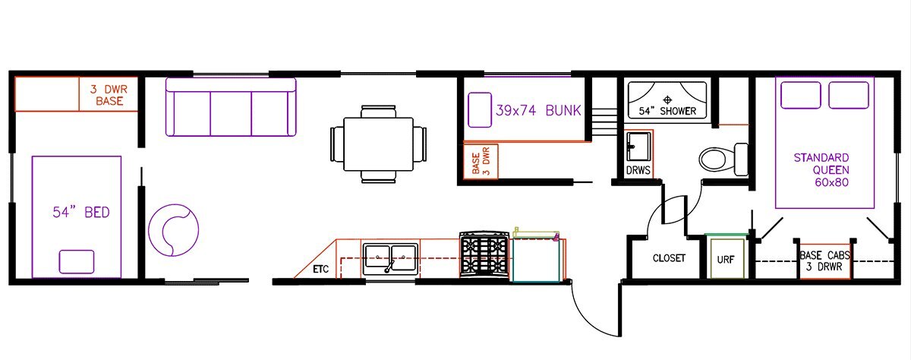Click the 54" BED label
point(81,213)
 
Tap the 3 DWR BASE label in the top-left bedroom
point(109,95)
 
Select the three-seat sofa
point(231,107)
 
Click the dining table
point(379,144)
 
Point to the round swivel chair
point(173,230)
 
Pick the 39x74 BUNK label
point(538,111)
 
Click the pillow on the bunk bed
point(480,110)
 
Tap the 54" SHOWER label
point(667,111)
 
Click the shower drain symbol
point(667,99)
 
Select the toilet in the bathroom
point(723,159)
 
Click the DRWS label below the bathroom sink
point(638,170)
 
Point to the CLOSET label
point(669,258)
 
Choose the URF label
point(726,260)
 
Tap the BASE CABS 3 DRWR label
point(824,261)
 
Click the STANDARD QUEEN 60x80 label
point(821,170)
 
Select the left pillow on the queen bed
point(801,95)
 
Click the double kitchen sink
point(390,259)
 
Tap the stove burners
point(484,255)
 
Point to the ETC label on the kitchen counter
point(320,270)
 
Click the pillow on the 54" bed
point(77,261)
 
